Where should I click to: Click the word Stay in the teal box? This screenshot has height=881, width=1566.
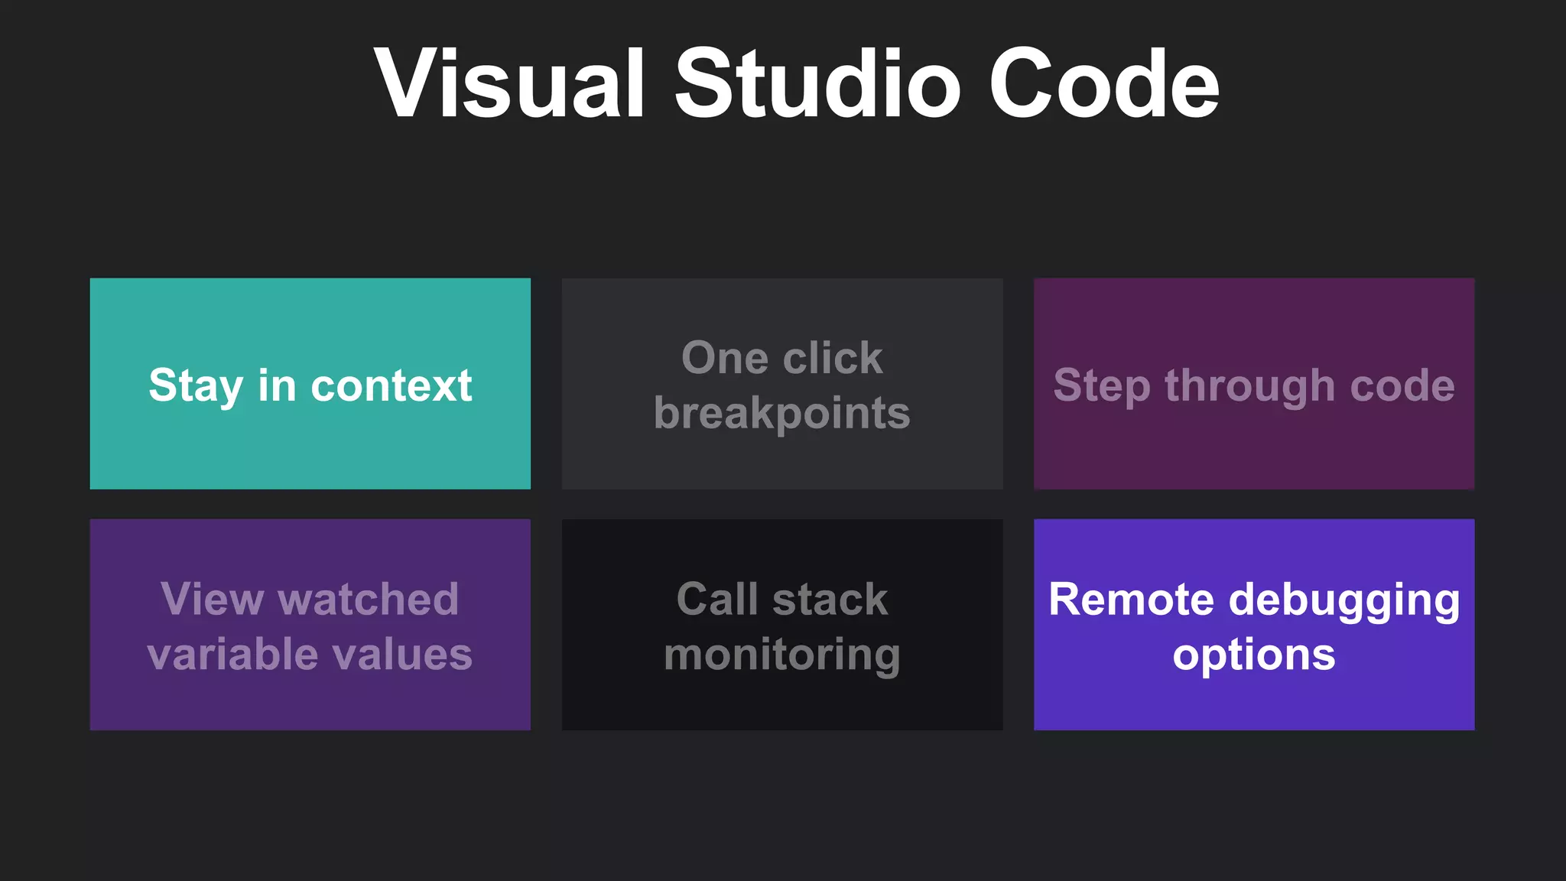196,385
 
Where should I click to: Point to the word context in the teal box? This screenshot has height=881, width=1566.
391,385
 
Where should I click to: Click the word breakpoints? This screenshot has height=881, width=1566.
782,414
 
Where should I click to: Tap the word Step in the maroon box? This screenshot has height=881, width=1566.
1101,385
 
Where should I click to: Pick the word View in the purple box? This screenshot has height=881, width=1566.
212,599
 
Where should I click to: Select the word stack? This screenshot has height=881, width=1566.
830,599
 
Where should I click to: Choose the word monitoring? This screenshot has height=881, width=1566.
782,655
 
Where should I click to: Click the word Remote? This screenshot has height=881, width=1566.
1131,599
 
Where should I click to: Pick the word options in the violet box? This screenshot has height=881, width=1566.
1254,655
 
